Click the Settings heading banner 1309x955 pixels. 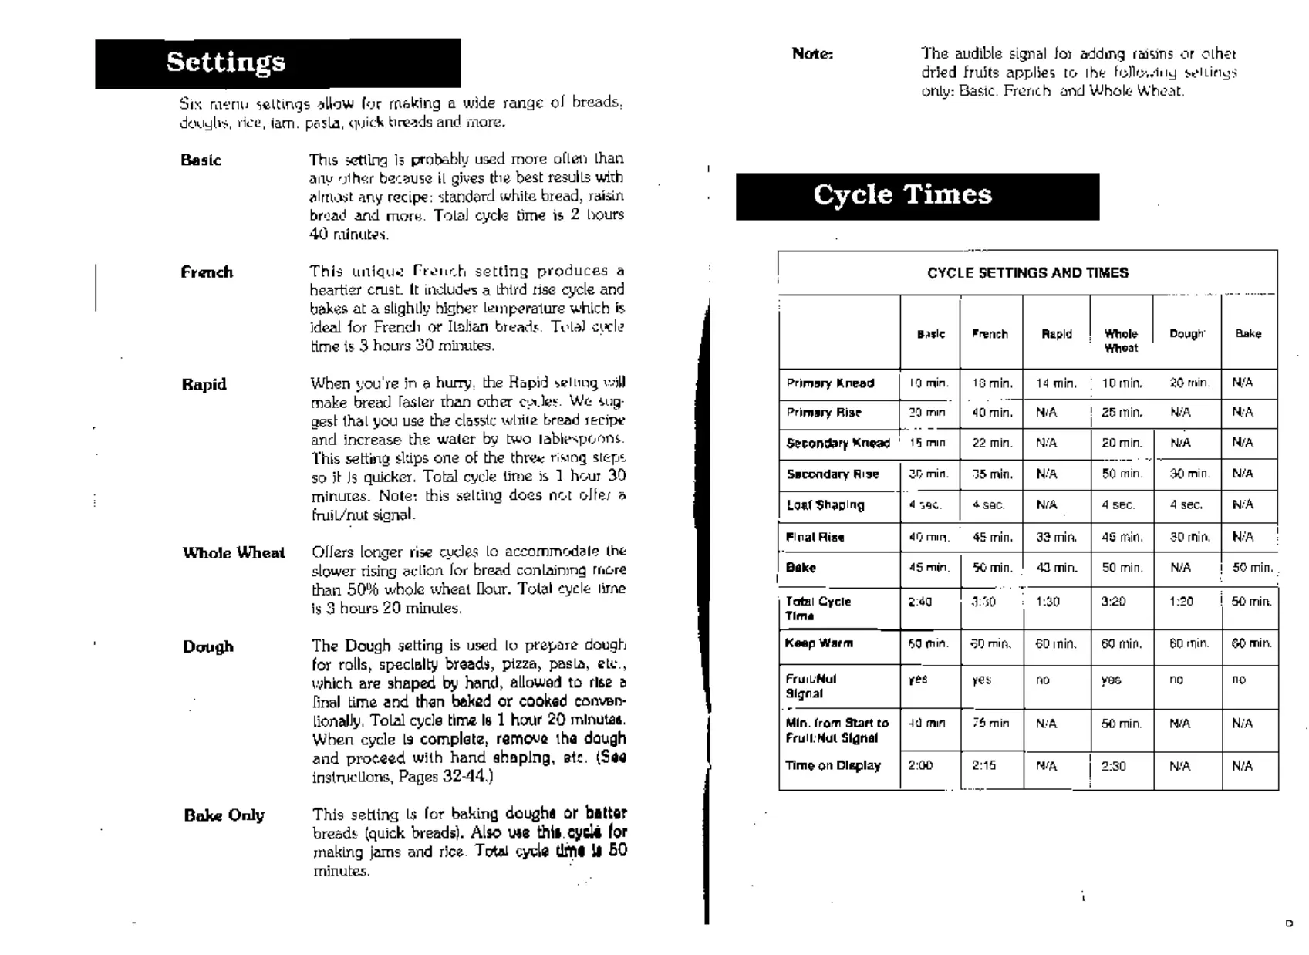[278, 62]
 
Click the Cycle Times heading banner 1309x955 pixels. [917, 195]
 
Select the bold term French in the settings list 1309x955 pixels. [207, 272]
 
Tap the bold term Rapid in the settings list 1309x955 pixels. [204, 385]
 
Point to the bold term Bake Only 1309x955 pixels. [224, 815]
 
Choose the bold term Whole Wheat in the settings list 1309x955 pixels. [234, 553]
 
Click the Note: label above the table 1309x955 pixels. [812, 54]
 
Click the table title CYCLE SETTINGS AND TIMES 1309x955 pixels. [1027, 273]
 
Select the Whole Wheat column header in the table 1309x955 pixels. [1121, 340]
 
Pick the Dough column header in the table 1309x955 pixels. [1186, 334]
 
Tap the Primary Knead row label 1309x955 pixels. [830, 383]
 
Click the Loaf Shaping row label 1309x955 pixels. [825, 505]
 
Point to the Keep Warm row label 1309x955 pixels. [819, 643]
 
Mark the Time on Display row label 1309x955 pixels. [832, 766]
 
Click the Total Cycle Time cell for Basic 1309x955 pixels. [920, 602]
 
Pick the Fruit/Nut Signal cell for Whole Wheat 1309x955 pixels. [1112, 680]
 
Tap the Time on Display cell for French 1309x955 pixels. [983, 766]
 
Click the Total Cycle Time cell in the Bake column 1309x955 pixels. [1250, 602]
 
